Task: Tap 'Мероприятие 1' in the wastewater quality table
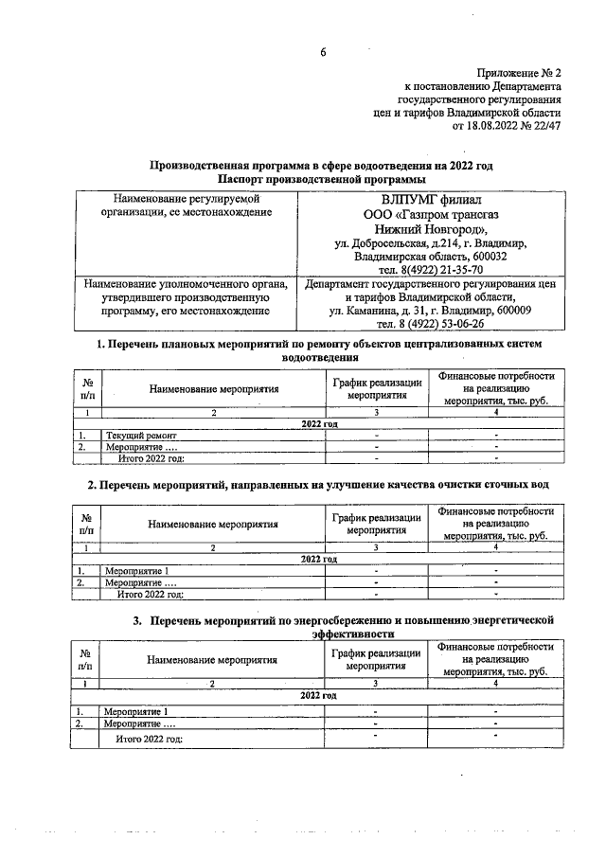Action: tap(137, 571)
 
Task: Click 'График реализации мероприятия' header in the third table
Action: tap(376, 660)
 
